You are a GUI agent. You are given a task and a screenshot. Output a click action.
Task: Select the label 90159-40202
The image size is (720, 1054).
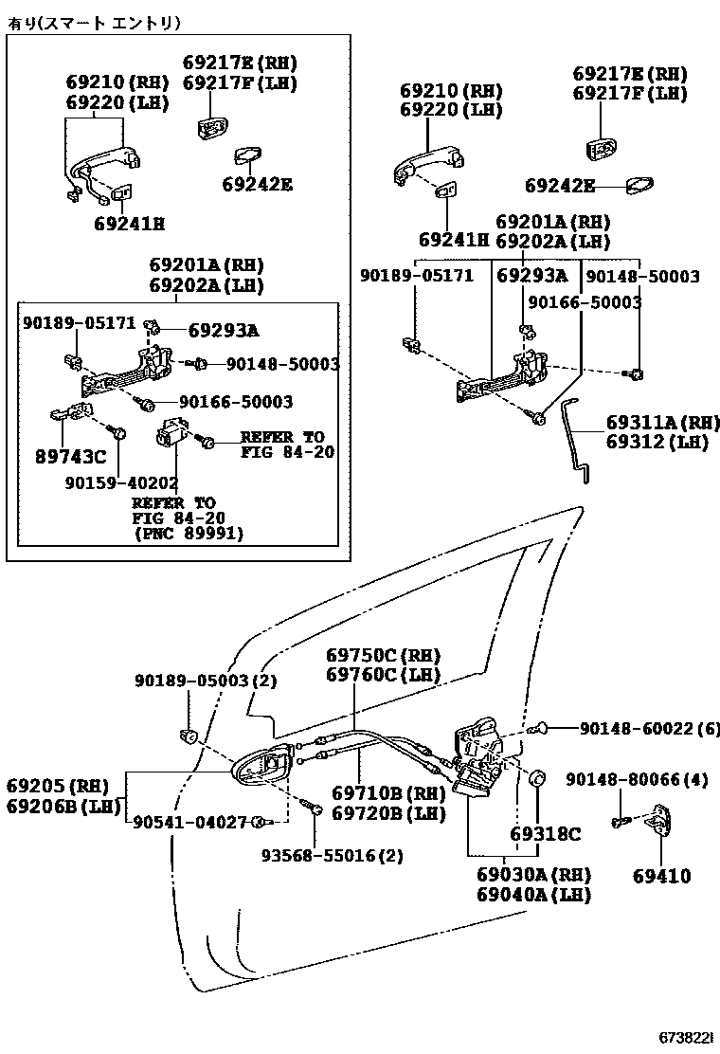(121, 482)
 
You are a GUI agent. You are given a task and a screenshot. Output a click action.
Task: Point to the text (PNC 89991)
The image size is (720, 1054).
(188, 534)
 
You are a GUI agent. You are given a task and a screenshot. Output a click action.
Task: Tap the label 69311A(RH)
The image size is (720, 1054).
(663, 423)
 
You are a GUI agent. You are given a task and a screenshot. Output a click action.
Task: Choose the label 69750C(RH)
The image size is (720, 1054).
(384, 656)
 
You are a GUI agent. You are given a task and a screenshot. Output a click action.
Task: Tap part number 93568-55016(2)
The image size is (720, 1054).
(333, 855)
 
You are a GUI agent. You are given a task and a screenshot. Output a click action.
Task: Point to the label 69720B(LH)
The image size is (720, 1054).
(388, 813)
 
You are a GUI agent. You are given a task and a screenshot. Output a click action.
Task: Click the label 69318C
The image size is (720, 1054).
(545, 834)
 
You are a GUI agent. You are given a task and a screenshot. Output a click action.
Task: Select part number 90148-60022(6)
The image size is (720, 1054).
(648, 728)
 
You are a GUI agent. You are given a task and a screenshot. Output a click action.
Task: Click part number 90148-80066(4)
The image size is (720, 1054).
(637, 779)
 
